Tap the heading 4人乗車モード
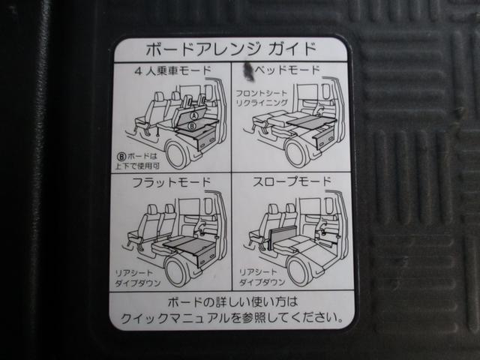coord(172,73)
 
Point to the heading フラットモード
coord(171,182)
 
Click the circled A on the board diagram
coord(193,117)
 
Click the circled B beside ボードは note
coord(121,157)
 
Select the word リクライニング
coord(262,103)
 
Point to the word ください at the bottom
coord(318,317)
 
